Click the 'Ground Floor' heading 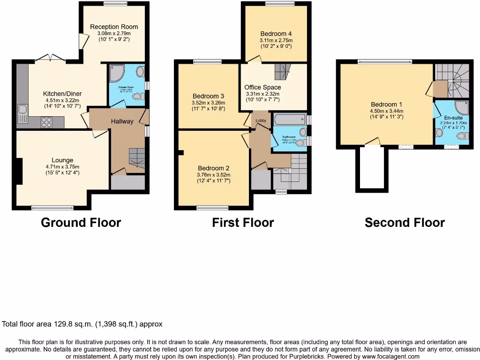(x=81, y=222)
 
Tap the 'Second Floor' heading (x=405, y=222)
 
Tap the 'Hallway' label (x=122, y=121)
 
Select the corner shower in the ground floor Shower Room (x=115, y=73)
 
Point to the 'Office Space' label (x=262, y=87)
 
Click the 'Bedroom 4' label (x=276, y=34)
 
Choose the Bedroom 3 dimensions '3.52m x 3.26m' (x=209, y=103)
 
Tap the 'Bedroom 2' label (x=213, y=168)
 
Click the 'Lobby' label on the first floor (x=261, y=120)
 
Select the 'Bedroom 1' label (x=386, y=104)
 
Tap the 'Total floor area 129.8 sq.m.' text (x=82, y=324)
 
